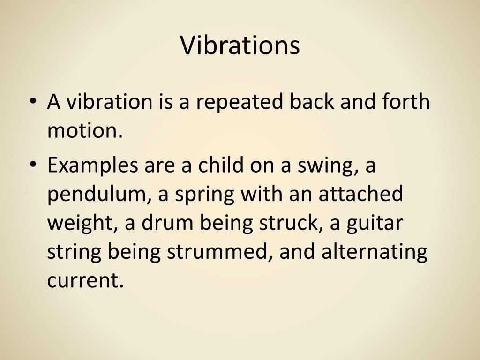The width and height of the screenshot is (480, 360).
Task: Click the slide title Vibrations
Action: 240,45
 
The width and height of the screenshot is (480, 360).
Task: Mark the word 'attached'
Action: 360,195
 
